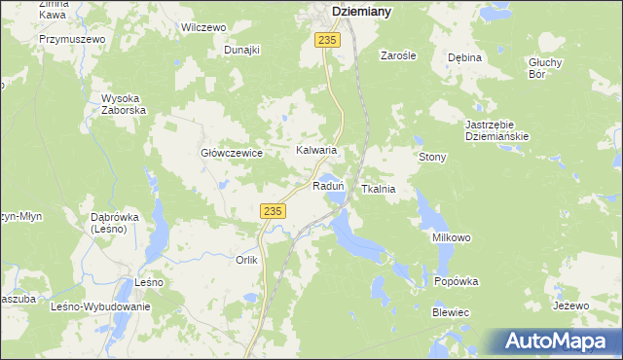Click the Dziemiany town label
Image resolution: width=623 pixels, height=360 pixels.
click(361, 11)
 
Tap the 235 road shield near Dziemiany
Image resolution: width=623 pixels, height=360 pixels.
click(327, 39)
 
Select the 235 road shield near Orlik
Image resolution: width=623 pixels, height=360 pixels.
click(273, 210)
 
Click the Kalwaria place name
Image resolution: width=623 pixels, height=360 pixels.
click(316, 151)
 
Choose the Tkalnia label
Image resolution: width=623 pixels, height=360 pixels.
click(378, 189)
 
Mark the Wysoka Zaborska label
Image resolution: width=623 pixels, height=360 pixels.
click(124, 104)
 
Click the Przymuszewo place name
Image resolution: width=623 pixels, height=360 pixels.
click(72, 39)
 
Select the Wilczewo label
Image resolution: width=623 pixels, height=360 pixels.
click(203, 28)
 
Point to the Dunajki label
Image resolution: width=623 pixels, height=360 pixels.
click(242, 50)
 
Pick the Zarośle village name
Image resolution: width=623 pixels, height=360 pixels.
click(398, 55)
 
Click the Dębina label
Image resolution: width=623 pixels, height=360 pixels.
click(464, 57)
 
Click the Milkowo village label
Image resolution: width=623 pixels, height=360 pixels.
click(452, 237)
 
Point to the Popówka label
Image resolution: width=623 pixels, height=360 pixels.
click(457, 281)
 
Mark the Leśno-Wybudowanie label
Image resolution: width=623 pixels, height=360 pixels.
click(100, 306)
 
